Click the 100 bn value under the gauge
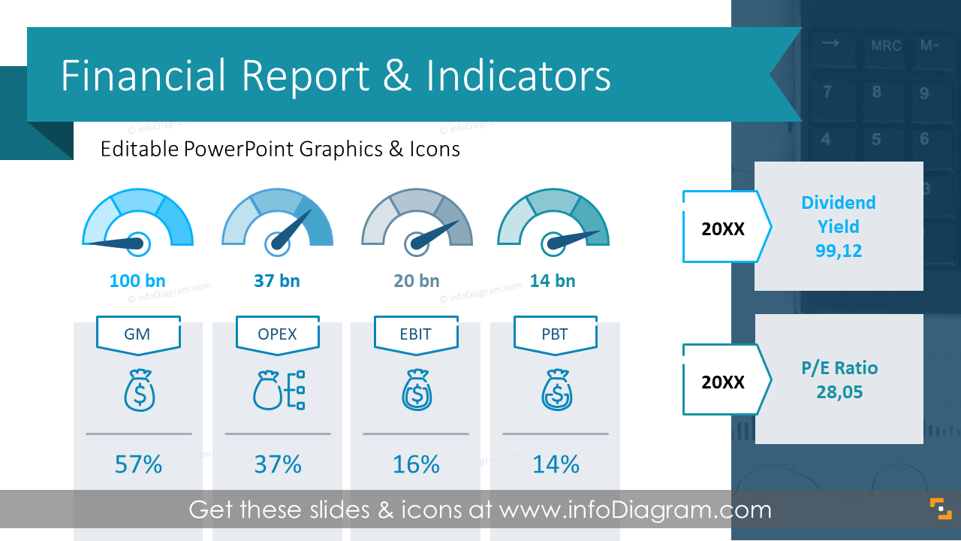tap(137, 281)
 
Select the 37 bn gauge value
tap(277, 281)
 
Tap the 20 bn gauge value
tap(417, 281)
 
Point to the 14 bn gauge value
tap(553, 281)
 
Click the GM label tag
tap(137, 334)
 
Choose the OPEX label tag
tap(277, 334)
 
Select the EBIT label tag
tap(416, 334)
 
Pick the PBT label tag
tap(555, 334)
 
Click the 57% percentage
tap(138, 464)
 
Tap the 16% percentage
tap(416, 464)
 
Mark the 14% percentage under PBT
tap(556, 464)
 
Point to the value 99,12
tap(839, 251)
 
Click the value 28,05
tap(839, 391)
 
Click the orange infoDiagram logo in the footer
tap(940, 508)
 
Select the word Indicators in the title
tap(518, 76)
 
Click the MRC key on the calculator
tap(886, 46)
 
